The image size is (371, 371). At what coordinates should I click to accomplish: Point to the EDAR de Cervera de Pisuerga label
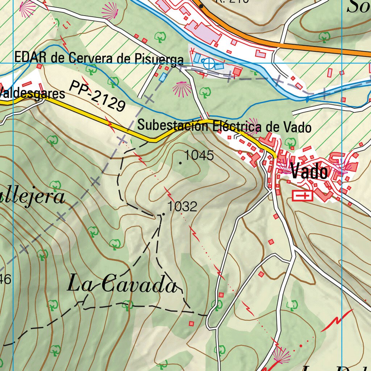tap(99, 58)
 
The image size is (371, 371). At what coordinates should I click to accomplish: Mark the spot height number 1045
tap(199, 155)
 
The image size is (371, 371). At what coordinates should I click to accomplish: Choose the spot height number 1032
tap(182, 207)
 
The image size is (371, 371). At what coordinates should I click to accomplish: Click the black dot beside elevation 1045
tap(180, 163)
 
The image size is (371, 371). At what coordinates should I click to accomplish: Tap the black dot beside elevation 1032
tap(163, 214)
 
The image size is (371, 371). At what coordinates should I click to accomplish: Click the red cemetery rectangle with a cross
tap(302, 196)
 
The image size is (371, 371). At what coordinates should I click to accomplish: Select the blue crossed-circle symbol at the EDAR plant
tap(209, 63)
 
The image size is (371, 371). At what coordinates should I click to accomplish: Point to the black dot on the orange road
tap(201, 6)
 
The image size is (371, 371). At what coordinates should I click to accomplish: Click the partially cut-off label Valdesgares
tap(33, 94)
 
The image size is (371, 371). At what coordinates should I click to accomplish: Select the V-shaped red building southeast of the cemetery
tap(324, 195)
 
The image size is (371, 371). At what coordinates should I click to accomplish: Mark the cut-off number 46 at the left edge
tap(5, 279)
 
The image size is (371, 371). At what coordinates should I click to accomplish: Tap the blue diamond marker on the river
tap(307, 98)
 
